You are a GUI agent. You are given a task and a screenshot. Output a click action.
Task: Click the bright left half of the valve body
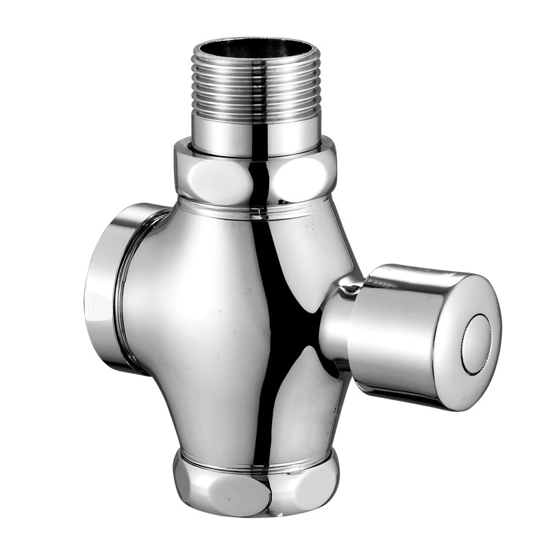192,329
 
